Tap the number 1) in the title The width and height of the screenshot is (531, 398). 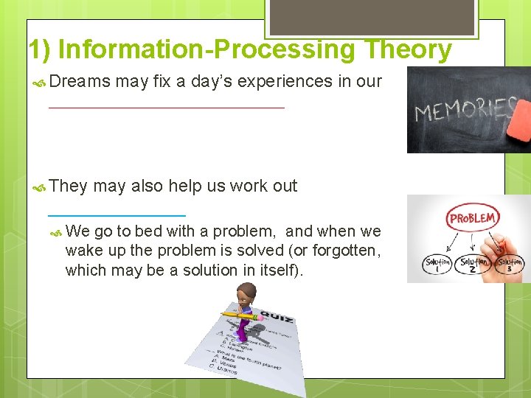tap(40, 49)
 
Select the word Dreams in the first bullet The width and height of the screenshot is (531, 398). tap(80, 82)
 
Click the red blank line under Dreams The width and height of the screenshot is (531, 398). tap(166, 108)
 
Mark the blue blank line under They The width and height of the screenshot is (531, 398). tap(117, 214)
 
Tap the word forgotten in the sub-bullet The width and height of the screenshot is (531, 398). tap(341, 251)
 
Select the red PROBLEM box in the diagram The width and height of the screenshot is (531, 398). tap(472, 219)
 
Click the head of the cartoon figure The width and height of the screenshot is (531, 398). tap(246, 296)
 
